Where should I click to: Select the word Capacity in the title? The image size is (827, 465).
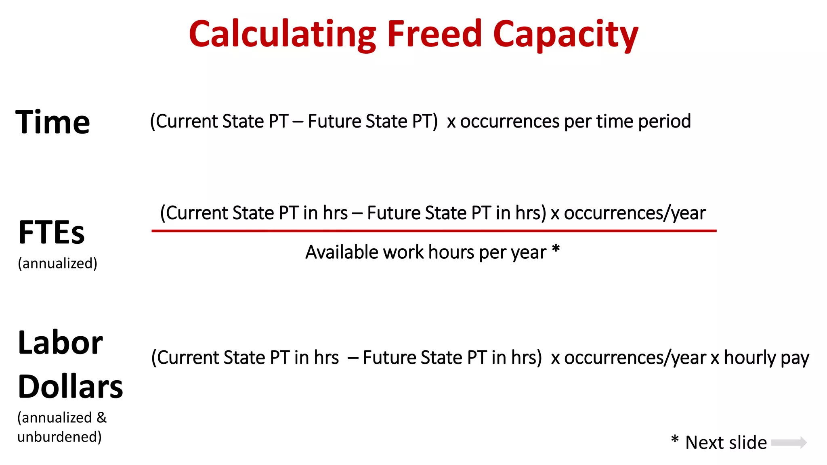tap(565, 35)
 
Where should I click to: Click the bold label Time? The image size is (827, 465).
tap(52, 122)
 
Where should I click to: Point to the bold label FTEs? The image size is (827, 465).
tap(52, 232)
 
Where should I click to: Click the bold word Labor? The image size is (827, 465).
tap(61, 343)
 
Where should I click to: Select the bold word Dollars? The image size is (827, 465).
tap(70, 386)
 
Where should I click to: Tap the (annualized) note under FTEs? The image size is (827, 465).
tap(57, 263)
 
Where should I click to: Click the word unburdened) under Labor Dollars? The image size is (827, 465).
tap(59, 437)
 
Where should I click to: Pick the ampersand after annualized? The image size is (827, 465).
tap(102, 417)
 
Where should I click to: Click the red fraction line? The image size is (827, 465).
tap(434, 231)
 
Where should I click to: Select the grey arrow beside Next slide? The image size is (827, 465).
tap(789, 442)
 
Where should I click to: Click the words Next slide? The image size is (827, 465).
tap(726, 442)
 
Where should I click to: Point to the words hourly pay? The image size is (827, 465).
tap(766, 358)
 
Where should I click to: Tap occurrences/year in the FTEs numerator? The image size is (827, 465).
tap(634, 213)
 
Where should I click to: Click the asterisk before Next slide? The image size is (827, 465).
tap(674, 440)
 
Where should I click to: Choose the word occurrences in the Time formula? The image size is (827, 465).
tap(510, 121)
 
